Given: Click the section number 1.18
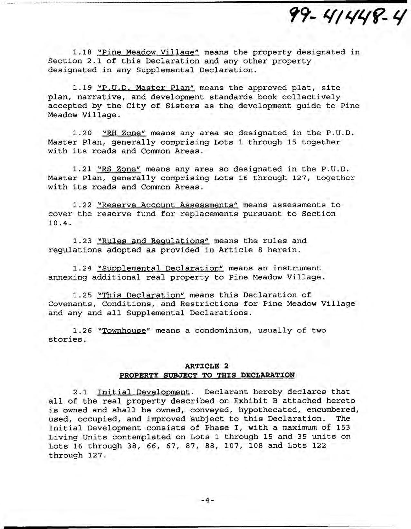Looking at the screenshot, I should coord(82,52).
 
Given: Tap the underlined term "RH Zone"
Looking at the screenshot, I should coord(124,133).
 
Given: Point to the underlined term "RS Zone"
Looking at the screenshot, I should coord(119,169).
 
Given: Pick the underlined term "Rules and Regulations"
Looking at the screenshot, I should coord(153,241).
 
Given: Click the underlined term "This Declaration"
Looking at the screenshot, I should coord(141,295).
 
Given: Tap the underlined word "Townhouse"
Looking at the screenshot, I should coord(124,331).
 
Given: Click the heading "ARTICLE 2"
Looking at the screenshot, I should coord(206,366).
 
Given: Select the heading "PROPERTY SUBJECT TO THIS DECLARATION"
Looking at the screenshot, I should coord(207,375).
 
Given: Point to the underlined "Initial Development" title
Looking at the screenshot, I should coord(143,392).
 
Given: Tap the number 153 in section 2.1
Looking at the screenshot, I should coord(343,428).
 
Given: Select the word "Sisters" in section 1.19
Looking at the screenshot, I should coord(182,106).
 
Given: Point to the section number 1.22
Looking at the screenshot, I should coord(82,205).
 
